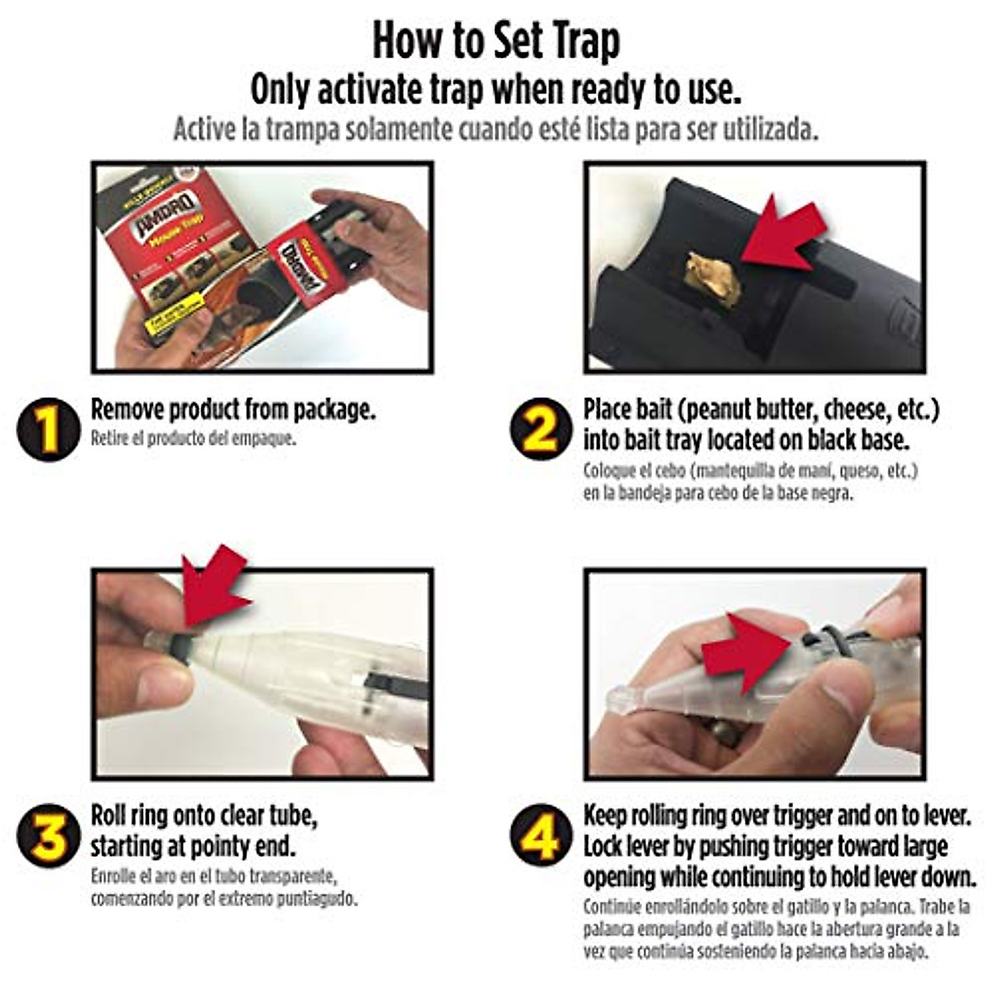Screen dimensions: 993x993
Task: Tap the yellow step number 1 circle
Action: (48, 430)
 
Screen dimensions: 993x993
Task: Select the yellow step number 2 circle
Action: (540, 430)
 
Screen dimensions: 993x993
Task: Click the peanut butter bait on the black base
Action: (712, 280)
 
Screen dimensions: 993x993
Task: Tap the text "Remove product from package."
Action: (233, 410)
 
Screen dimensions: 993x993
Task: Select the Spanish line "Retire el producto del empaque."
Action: (193, 439)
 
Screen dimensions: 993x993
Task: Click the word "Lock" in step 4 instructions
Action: (604, 847)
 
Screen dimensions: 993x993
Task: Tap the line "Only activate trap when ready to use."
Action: (496, 90)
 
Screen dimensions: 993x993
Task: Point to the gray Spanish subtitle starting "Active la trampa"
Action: (496, 130)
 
